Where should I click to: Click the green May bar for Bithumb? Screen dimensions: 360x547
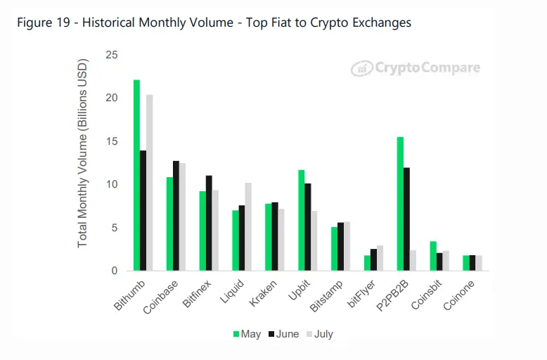pyautogui.click(x=136, y=176)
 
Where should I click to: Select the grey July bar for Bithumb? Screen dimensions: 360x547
pyautogui.click(x=149, y=183)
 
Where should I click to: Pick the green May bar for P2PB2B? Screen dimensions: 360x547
pyautogui.click(x=400, y=204)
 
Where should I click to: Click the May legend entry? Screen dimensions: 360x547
pyautogui.click(x=246, y=334)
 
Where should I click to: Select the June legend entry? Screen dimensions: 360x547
pyautogui.click(x=284, y=334)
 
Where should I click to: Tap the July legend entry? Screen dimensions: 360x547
pyautogui.click(x=319, y=334)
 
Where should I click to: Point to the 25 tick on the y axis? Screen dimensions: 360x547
pyautogui.click(x=112, y=55)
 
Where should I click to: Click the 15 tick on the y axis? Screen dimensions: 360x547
pyautogui.click(x=112, y=141)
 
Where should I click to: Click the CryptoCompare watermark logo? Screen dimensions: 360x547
pyautogui.click(x=416, y=68)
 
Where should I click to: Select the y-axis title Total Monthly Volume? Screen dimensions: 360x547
pyautogui.click(x=82, y=163)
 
